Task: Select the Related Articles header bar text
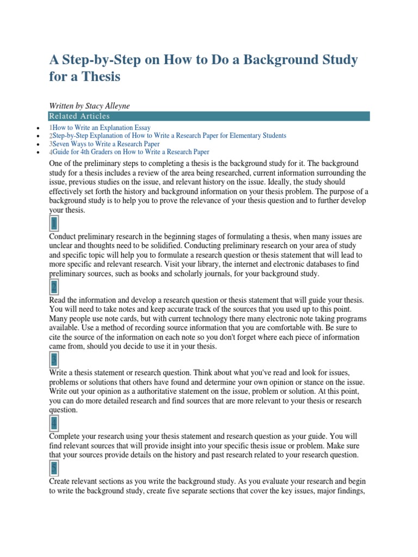[79, 116]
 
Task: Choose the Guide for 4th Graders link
[131, 152]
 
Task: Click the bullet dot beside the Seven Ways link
[36, 145]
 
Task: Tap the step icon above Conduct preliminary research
[54, 224]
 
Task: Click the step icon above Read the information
[54, 287]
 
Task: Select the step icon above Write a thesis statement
[54, 359]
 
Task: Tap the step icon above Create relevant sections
[54, 468]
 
